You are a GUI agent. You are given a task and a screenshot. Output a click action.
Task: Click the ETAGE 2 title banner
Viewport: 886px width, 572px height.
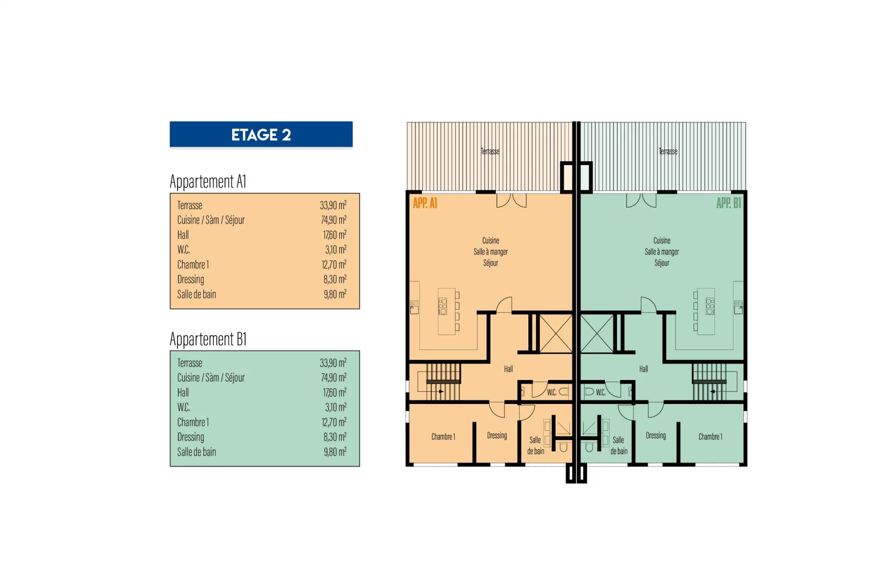[x=261, y=134]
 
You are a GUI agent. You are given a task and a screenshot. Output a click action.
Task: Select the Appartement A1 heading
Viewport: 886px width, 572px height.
[x=208, y=181]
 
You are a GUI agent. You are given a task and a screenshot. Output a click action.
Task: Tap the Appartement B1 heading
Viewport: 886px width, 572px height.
[x=208, y=339]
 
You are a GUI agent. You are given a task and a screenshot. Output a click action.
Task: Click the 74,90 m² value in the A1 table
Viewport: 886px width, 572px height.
[x=334, y=220]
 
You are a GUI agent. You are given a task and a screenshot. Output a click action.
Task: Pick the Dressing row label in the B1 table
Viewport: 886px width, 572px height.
[x=191, y=437]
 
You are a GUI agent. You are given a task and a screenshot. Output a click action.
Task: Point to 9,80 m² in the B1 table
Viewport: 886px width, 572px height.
[x=335, y=452]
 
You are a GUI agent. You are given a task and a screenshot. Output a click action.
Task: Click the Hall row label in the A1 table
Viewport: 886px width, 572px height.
[x=183, y=235]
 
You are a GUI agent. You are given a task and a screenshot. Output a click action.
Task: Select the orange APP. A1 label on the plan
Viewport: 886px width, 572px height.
[x=425, y=203]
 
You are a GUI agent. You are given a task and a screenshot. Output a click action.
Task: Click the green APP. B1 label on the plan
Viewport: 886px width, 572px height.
[x=729, y=203]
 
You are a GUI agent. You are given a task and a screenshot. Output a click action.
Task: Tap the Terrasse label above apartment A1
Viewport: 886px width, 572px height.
[x=490, y=151]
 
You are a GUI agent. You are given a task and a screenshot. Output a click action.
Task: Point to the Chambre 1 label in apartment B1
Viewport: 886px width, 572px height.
[x=711, y=437]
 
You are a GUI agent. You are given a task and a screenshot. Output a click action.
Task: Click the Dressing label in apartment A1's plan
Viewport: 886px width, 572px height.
[x=497, y=435]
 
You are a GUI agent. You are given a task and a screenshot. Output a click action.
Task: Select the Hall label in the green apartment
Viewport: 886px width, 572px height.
[x=644, y=369]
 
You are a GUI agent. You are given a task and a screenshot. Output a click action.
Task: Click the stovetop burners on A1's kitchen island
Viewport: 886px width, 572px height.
[x=443, y=307]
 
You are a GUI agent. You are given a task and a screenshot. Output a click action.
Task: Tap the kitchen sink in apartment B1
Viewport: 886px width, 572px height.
[x=738, y=307]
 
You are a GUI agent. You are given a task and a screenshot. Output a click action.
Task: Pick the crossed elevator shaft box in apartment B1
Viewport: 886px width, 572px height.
[x=597, y=333]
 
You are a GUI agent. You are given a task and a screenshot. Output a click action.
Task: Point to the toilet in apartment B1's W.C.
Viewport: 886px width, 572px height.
[x=589, y=391]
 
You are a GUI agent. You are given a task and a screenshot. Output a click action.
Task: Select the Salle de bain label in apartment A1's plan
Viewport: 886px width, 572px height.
[x=536, y=446]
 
